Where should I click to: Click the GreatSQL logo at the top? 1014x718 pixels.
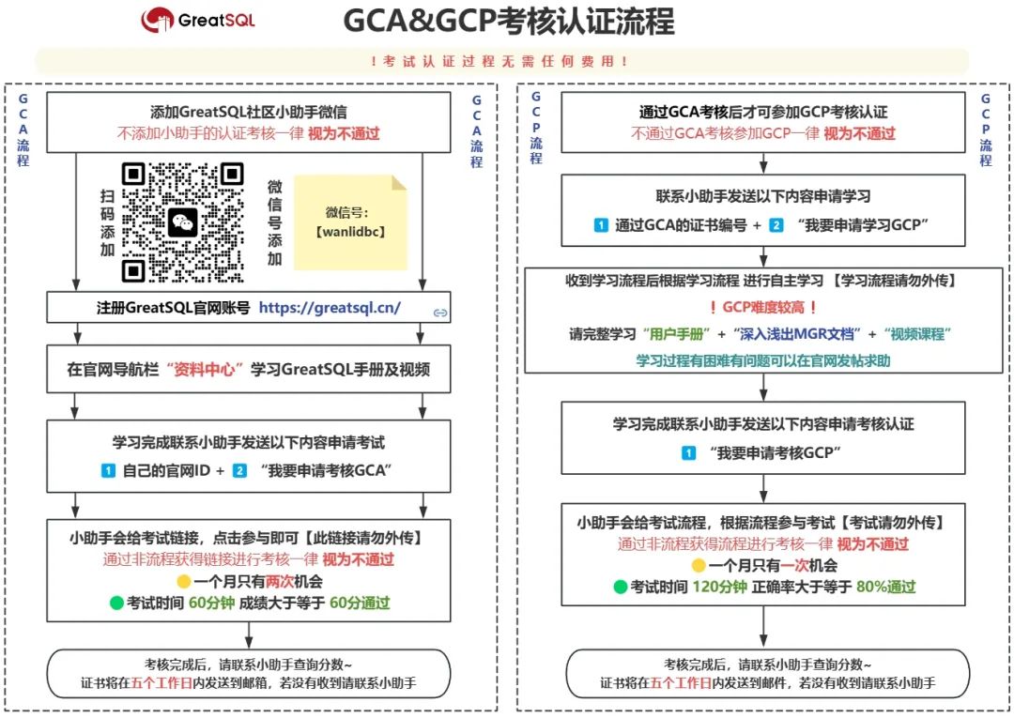click(x=197, y=19)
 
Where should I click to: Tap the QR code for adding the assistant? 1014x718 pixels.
click(x=183, y=222)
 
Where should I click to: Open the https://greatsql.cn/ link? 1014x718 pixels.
click(x=330, y=307)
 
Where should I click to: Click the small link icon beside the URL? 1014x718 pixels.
click(x=438, y=312)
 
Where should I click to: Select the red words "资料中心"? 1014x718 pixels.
click(x=203, y=369)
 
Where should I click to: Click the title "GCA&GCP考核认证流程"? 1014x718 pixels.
click(x=508, y=20)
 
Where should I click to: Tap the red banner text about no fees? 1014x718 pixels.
click(x=500, y=61)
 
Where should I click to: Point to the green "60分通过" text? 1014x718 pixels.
click(x=361, y=603)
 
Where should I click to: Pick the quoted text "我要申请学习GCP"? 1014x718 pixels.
click(x=862, y=225)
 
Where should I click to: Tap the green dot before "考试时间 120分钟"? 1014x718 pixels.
click(x=620, y=588)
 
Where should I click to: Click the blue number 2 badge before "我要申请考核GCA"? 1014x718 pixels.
click(x=240, y=470)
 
